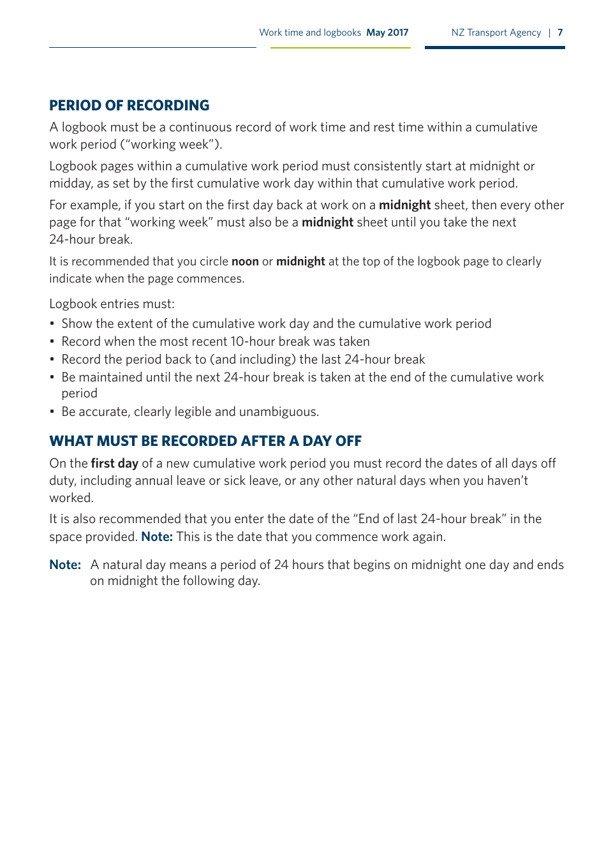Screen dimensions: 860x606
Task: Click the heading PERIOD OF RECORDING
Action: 129,106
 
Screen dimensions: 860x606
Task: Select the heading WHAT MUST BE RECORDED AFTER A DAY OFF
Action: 205,441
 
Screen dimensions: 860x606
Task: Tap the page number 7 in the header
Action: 560,33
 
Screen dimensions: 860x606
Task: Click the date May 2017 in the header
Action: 387,33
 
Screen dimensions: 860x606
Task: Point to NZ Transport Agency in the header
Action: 496,33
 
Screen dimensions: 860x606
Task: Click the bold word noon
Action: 245,262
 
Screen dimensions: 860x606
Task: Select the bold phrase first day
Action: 114,464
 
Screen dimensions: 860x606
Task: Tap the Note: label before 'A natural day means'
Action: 65,565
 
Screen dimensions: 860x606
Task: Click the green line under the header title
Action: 340,48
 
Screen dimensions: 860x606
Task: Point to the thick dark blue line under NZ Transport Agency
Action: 494,47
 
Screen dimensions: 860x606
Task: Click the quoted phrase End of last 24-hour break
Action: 430,519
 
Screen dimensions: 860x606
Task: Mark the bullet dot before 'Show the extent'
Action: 52,324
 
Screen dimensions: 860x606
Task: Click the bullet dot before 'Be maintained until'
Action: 52,378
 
